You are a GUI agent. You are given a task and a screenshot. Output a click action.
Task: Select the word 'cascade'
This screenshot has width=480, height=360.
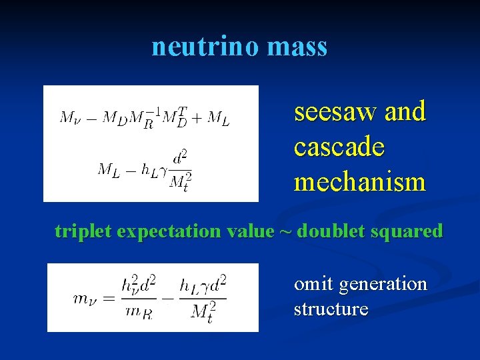tap(339, 147)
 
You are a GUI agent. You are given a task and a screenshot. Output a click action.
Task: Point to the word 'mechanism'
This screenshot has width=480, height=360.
tap(359, 181)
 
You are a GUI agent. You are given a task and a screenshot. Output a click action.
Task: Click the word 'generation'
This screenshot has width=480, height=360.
tap(383, 285)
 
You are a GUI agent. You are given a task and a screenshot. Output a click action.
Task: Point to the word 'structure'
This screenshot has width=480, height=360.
tap(331, 309)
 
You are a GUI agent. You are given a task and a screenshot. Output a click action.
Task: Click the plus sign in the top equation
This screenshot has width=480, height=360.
tap(197, 117)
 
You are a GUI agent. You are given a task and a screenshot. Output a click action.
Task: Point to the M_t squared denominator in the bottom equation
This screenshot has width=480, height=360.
tap(204, 311)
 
